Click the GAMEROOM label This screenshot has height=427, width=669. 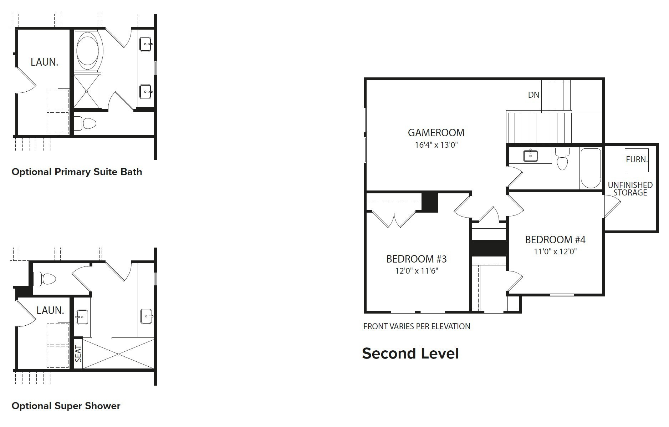pos(436,133)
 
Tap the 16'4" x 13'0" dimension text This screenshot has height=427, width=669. pos(436,145)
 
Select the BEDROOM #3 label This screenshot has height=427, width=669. pos(416,259)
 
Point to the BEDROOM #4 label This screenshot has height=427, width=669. pos(555,239)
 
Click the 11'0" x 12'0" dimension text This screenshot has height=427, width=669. pos(555,251)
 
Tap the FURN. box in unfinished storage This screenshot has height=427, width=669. pos(637,159)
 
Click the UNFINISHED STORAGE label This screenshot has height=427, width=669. pos(630,189)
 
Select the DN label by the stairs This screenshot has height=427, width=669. pos(533,95)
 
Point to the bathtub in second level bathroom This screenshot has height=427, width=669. pos(591,168)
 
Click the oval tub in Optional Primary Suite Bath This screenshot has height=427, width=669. pos(89,50)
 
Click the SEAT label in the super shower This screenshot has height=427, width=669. pos(78,354)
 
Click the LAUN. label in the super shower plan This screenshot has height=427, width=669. pos(50,310)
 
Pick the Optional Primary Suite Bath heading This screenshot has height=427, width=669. pos(77,172)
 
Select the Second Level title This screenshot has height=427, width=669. pos(410,354)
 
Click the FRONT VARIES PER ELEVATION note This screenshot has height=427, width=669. pos(417,326)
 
